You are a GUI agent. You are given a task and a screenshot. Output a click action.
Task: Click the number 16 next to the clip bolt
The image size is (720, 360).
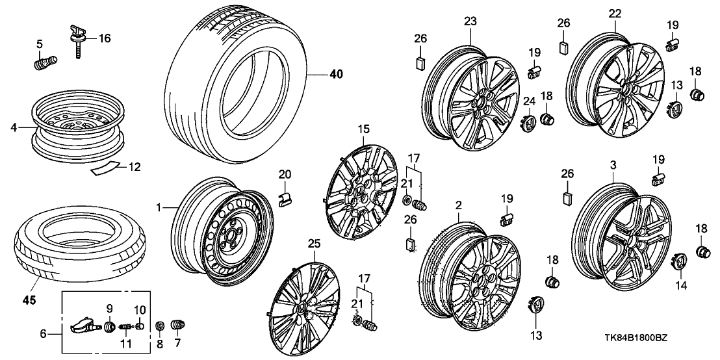105,38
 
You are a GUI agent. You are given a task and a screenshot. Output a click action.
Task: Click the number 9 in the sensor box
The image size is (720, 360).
109,308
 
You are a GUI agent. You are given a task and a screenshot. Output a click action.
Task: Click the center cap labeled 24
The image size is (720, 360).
528,122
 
